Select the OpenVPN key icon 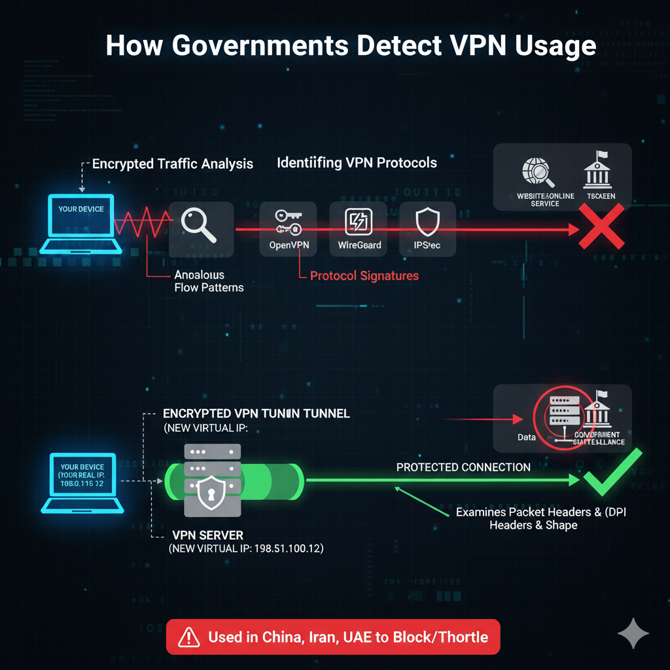[x=289, y=222]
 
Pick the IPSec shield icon [x=427, y=221]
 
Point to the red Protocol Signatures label [x=364, y=275]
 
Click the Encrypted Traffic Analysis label [x=173, y=164]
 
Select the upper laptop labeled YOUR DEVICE [x=81, y=223]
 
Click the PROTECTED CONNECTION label [x=463, y=467]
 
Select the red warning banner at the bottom [x=333, y=637]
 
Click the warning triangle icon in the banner [x=189, y=637]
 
